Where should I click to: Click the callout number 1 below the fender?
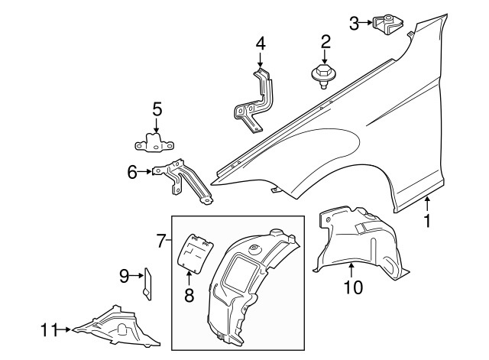pyautogui.click(x=427, y=221)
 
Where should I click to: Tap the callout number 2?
pyautogui.click(x=325, y=42)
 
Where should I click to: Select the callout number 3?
pyautogui.click(x=354, y=24)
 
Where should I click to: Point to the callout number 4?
pyautogui.click(x=261, y=44)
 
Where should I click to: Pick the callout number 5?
pyautogui.click(x=157, y=109)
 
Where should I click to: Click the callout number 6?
pyautogui.click(x=132, y=172)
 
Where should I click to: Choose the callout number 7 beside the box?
pyautogui.click(x=160, y=241)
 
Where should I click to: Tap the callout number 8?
pyautogui.click(x=189, y=296)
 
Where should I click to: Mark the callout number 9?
pyautogui.click(x=125, y=276)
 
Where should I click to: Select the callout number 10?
pyautogui.click(x=353, y=287)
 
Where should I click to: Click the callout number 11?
pyautogui.click(x=49, y=329)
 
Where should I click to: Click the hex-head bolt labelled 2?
pyautogui.click(x=322, y=76)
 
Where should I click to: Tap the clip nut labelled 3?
pyautogui.click(x=387, y=24)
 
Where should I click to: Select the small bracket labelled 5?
pyautogui.click(x=154, y=143)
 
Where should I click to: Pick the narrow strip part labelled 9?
pyautogui.click(x=147, y=284)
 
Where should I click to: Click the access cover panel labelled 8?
pyautogui.click(x=196, y=254)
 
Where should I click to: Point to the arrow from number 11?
pyautogui.click(x=64, y=329)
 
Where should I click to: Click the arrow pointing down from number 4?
pyautogui.click(x=261, y=60)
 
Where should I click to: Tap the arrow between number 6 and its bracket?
pyautogui.click(x=145, y=171)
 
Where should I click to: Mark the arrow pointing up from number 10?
pyautogui.click(x=351, y=271)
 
